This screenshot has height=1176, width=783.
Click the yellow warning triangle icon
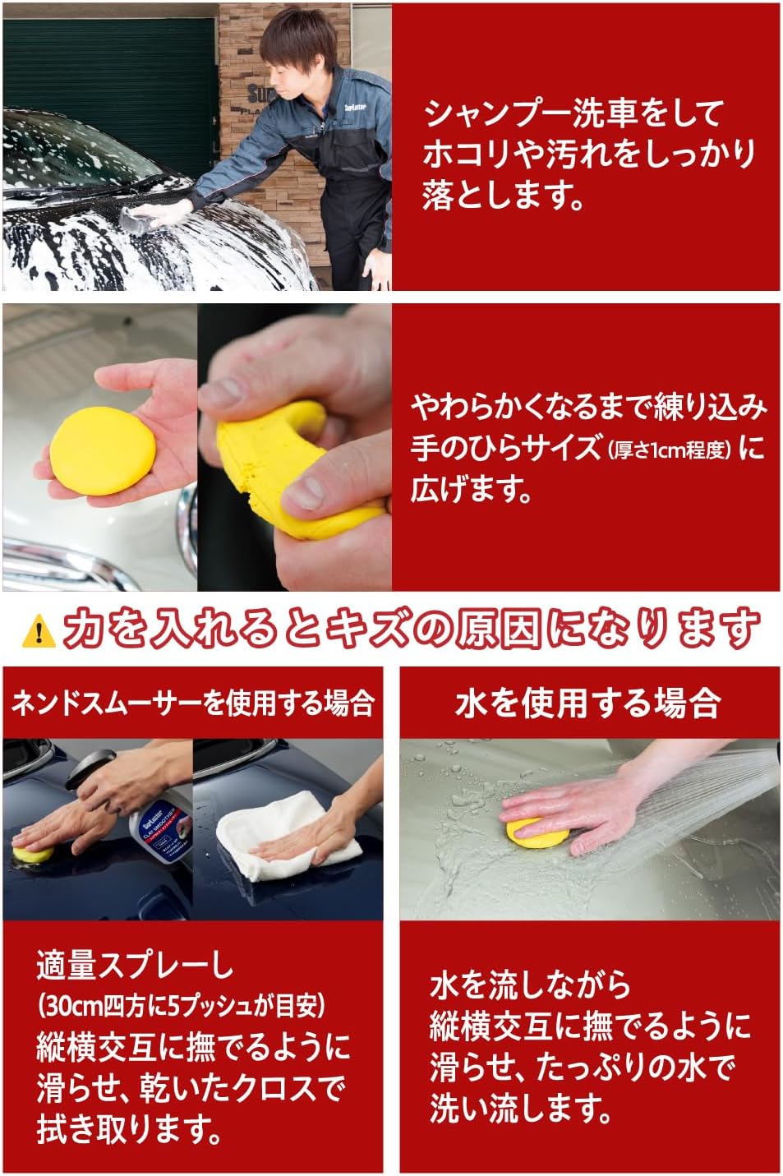(38, 630)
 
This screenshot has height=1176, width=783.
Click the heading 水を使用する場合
(587, 703)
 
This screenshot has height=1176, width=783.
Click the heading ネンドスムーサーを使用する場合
(193, 703)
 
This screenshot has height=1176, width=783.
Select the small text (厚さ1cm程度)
(669, 450)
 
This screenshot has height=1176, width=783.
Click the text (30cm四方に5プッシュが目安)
(182, 1004)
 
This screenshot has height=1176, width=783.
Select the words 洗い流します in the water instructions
(520, 1109)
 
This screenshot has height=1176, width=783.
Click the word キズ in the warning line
(412, 630)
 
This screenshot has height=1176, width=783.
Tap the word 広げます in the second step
(471, 491)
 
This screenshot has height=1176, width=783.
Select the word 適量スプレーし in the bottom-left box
(135, 966)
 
